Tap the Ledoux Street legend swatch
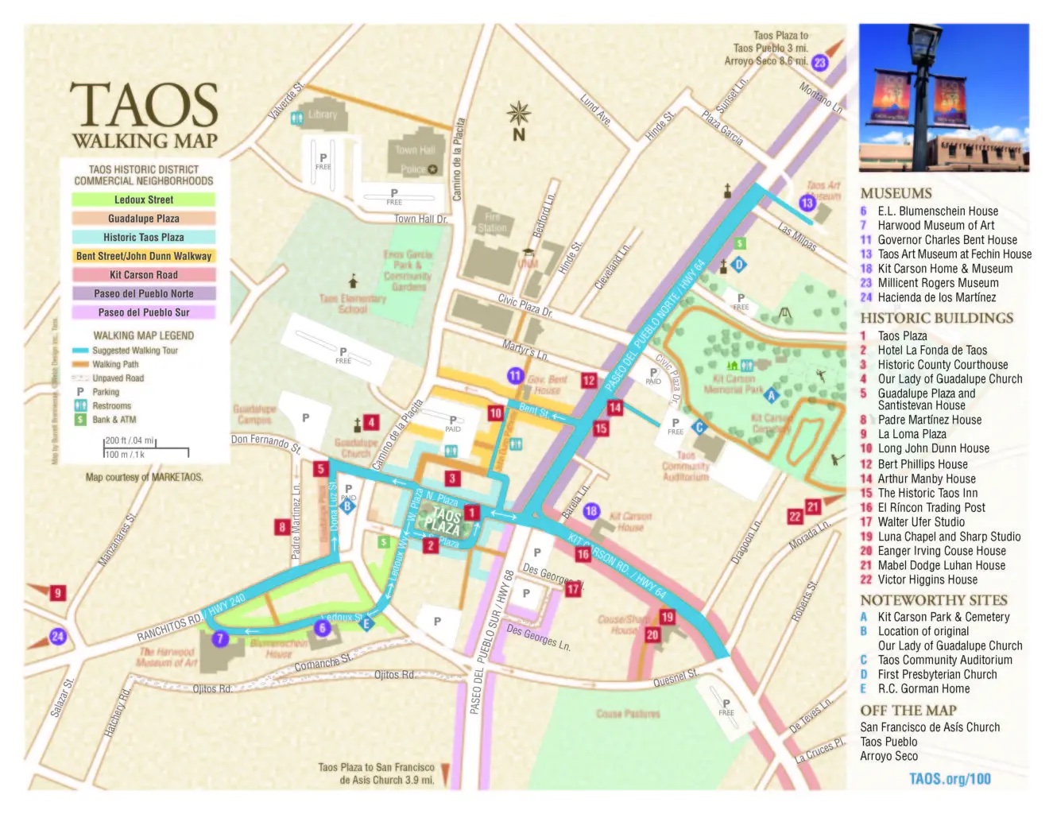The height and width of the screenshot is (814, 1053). pos(144,200)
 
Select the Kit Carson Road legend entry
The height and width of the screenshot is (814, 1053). pos(144,274)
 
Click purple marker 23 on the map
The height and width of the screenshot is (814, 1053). pos(819,63)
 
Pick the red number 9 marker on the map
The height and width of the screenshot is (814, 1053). pos(57,592)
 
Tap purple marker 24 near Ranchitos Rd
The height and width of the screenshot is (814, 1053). pos(57,636)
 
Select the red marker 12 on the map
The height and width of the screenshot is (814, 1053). pos(588,380)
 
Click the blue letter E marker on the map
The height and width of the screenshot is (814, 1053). pos(366,623)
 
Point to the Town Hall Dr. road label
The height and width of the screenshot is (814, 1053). pos(420,219)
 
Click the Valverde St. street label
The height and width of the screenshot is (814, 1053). pos(285,101)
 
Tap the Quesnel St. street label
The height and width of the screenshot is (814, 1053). pos(675,678)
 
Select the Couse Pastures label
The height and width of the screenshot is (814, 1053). pos(628,714)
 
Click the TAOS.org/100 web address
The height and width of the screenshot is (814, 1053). pos(950,778)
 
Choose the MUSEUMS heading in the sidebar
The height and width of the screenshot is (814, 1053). pos(896,193)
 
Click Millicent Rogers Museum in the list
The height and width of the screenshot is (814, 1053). pos(938,283)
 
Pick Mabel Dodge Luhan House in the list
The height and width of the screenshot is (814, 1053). pos(941,565)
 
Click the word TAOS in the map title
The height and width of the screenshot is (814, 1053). pos(144,107)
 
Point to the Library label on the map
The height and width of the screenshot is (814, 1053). pos(322,114)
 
